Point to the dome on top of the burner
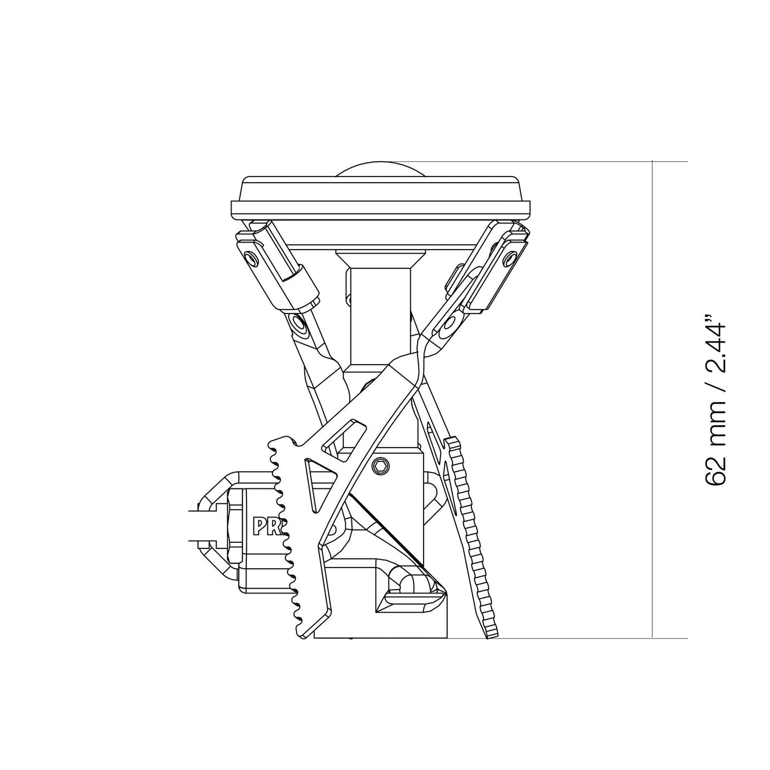381,169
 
